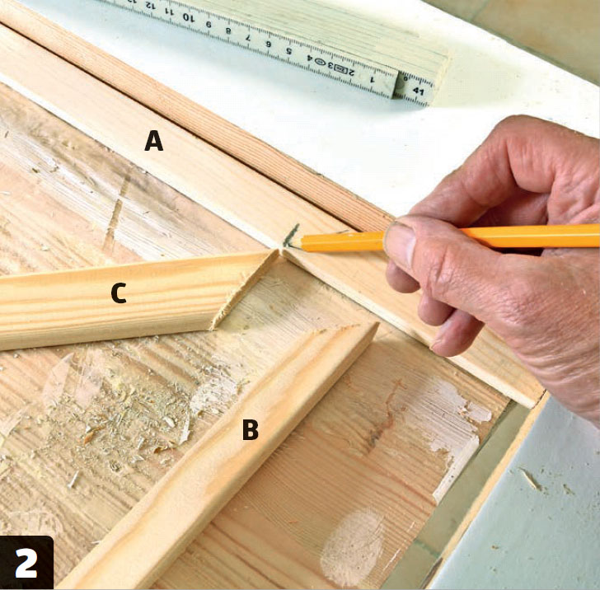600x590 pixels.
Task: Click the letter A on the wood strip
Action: [154, 141]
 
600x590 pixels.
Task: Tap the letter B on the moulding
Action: [251, 429]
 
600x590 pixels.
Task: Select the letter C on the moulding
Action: [119, 293]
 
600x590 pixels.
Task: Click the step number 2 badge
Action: [26, 563]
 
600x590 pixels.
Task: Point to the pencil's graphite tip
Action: [287, 242]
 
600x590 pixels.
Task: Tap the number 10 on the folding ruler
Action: [189, 16]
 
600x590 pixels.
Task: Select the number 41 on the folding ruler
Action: [418, 91]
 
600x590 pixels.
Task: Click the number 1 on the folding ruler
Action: [371, 80]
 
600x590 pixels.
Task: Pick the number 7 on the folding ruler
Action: [247, 38]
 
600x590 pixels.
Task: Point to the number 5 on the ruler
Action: [289, 51]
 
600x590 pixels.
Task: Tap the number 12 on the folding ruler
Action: [151, 6]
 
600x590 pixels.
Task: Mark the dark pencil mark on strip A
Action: [291, 234]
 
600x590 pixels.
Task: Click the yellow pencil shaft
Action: [452, 238]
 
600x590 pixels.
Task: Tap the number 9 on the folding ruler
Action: [209, 25]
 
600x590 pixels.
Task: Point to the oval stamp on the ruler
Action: [320, 62]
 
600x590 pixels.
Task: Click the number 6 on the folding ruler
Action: [269, 44]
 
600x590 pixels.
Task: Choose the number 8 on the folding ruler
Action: [228, 31]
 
